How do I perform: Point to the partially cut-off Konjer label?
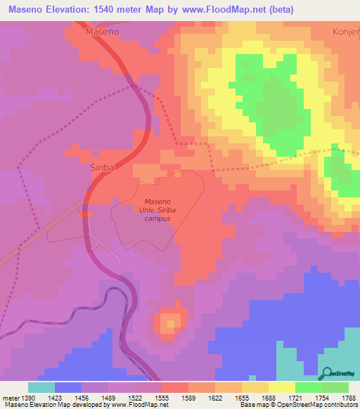345,32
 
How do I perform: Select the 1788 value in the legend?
349,398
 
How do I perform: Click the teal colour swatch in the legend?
41,387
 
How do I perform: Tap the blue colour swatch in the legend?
68,387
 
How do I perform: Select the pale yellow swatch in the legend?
282,387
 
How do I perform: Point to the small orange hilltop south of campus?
169,323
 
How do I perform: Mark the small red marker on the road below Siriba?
84,214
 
